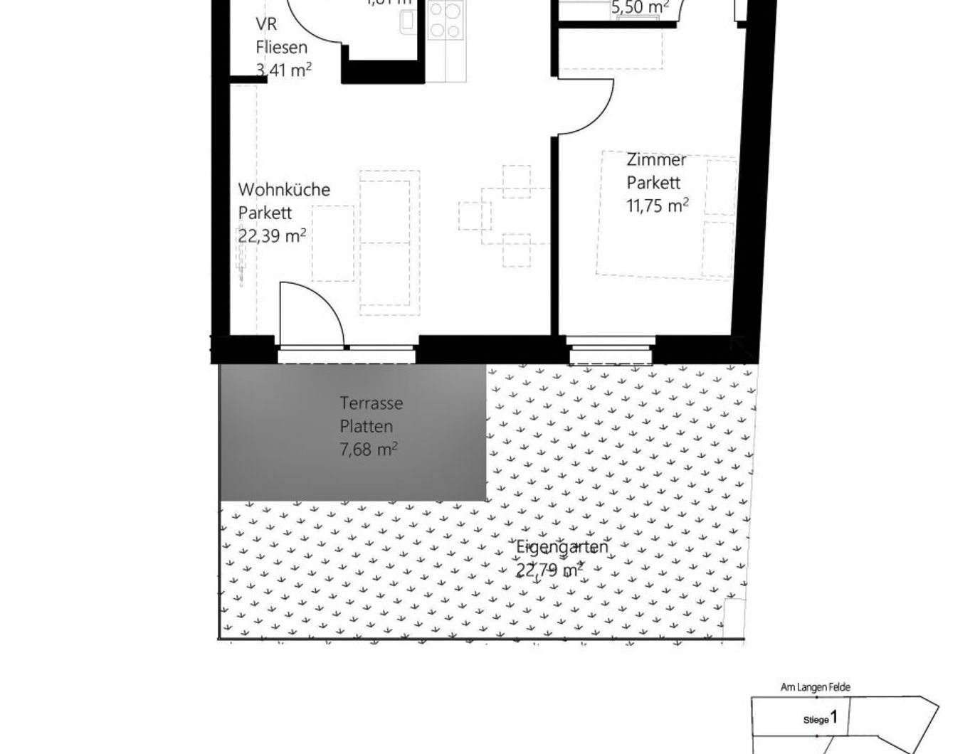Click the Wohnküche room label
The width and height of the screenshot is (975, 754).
pos(284,190)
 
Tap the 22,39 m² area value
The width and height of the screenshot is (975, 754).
pos(272,235)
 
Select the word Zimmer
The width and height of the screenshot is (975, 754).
pos(656,159)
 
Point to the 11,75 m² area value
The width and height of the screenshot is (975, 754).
pos(657,206)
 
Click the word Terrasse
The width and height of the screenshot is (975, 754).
pos(371,403)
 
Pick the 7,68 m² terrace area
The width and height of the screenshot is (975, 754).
pos(368,450)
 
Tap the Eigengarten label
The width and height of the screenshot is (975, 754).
pos(562,547)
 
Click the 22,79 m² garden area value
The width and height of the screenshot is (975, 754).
pos(549,570)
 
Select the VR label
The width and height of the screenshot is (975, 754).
pos(266,24)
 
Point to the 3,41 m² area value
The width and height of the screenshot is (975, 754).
pos(283,70)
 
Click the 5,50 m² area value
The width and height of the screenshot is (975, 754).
pos(640,9)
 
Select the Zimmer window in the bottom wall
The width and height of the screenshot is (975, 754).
pos(611,354)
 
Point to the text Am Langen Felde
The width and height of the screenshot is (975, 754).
pos(815,687)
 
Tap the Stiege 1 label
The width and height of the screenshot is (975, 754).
pos(821,718)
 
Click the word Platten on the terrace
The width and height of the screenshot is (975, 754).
pos(366,427)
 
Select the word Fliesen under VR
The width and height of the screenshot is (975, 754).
pos(281,48)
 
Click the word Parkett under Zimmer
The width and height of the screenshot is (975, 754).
pos(653,182)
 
